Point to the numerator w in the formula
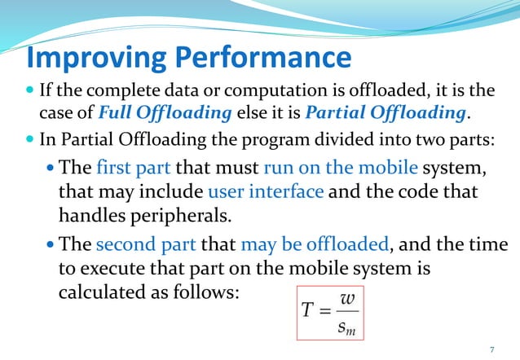click(347, 298)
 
